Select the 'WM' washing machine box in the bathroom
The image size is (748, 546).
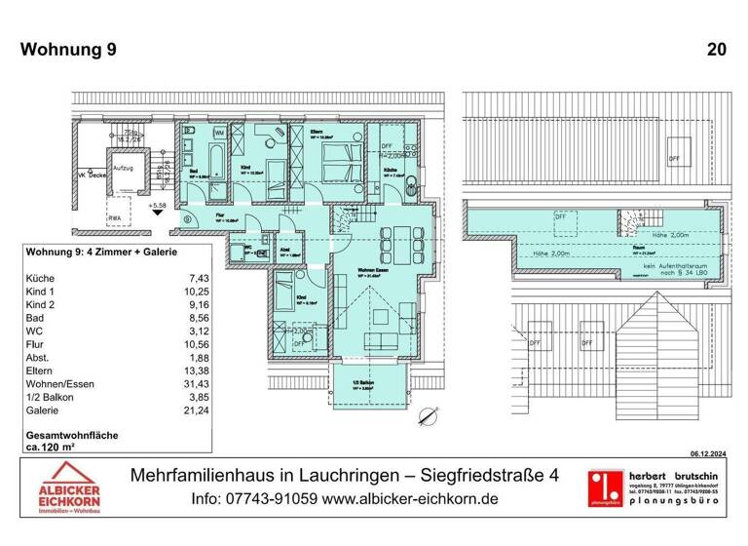tap(219, 132)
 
